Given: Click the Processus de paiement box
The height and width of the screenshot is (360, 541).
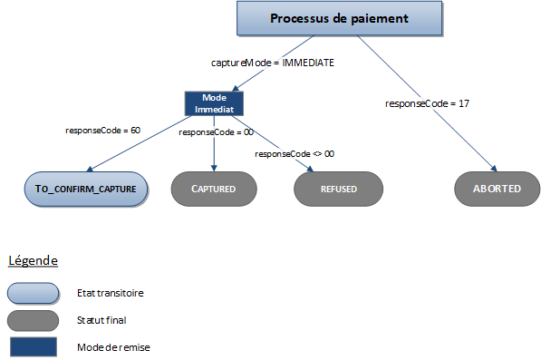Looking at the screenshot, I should [339, 19].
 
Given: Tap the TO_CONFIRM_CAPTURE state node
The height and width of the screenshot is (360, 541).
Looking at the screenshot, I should [85, 190].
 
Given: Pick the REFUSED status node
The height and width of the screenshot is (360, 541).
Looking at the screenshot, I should [337, 190].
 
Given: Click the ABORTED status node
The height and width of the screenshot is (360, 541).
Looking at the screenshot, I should [496, 190].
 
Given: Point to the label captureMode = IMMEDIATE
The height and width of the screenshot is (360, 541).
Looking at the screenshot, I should [271, 63].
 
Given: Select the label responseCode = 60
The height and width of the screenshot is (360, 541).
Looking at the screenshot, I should [102, 131].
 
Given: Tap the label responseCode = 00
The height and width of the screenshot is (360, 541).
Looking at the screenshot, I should [216, 132].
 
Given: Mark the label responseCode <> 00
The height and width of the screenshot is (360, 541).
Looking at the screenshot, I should [295, 154].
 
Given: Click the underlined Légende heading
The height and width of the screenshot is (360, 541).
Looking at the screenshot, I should [34, 260].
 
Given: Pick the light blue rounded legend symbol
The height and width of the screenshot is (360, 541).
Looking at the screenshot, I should [33, 293].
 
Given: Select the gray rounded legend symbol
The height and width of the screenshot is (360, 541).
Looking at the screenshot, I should [33, 319].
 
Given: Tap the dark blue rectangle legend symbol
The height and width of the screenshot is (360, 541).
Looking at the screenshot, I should [33, 346].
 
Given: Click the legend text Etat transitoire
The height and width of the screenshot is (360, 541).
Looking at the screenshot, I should [110, 293].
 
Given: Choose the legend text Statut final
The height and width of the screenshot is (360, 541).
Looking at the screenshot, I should [102, 319].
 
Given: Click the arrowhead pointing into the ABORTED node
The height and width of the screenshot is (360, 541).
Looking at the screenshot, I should [494, 168].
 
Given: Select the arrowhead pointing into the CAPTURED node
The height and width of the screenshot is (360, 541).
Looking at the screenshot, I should [214, 167].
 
